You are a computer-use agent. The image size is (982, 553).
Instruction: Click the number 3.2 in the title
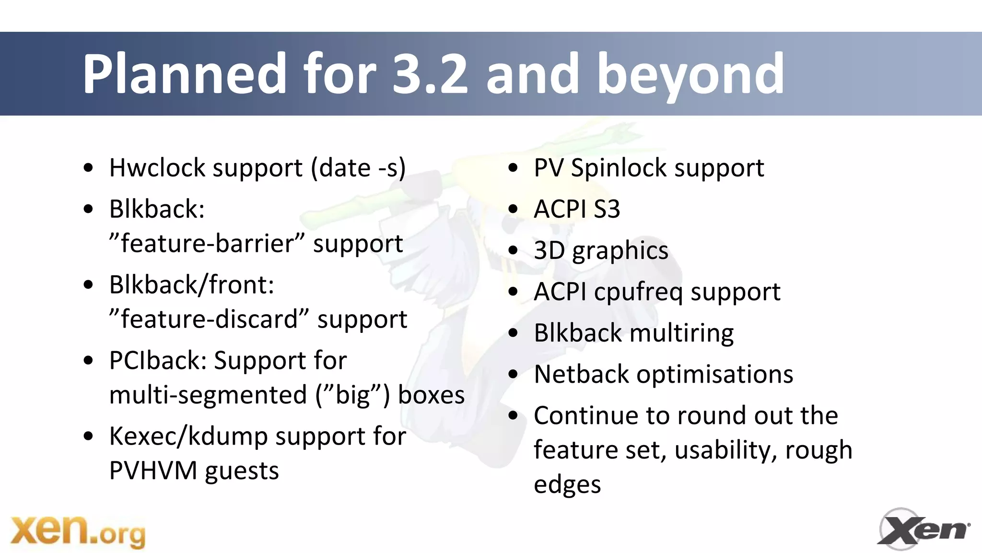point(429,74)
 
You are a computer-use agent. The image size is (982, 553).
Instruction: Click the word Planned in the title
point(184,74)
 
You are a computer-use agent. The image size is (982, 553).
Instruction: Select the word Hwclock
point(158,168)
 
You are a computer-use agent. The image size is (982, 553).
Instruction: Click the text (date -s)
point(358,168)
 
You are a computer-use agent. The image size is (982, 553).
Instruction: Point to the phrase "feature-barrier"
point(206,244)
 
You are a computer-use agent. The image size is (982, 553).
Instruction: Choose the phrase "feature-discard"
point(209,319)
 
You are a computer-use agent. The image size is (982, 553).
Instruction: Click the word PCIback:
point(158,361)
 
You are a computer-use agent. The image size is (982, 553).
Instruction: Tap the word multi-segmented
point(208,395)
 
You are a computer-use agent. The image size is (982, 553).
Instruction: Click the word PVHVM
point(153,471)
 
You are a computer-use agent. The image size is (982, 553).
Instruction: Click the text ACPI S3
point(577,210)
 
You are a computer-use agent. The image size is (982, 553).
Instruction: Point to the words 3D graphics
point(601,251)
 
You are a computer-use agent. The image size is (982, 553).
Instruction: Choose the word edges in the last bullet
point(567,485)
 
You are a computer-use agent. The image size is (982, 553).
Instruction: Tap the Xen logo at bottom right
point(924,529)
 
